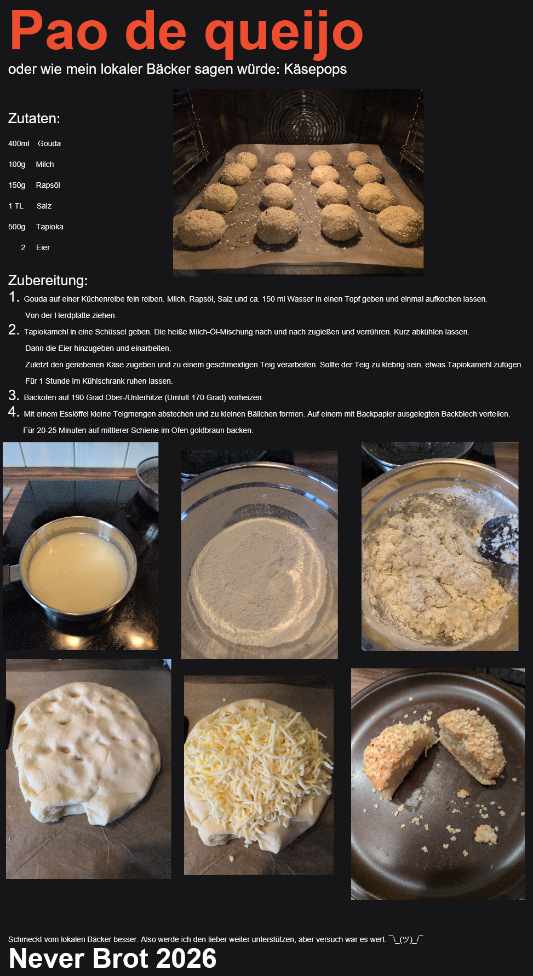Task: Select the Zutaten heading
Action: point(34,118)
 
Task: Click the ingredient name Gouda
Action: point(49,143)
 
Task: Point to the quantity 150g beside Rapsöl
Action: point(17,185)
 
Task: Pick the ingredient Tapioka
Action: point(50,227)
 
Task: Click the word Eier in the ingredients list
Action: point(43,247)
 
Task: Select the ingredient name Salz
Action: point(44,206)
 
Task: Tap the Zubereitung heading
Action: point(48,280)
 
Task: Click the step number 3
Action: point(14,395)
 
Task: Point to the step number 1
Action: point(14,297)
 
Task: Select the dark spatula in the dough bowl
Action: point(498,539)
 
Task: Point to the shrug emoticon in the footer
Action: point(406,939)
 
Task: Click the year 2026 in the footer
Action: point(186,958)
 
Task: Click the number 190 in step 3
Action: point(78,397)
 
